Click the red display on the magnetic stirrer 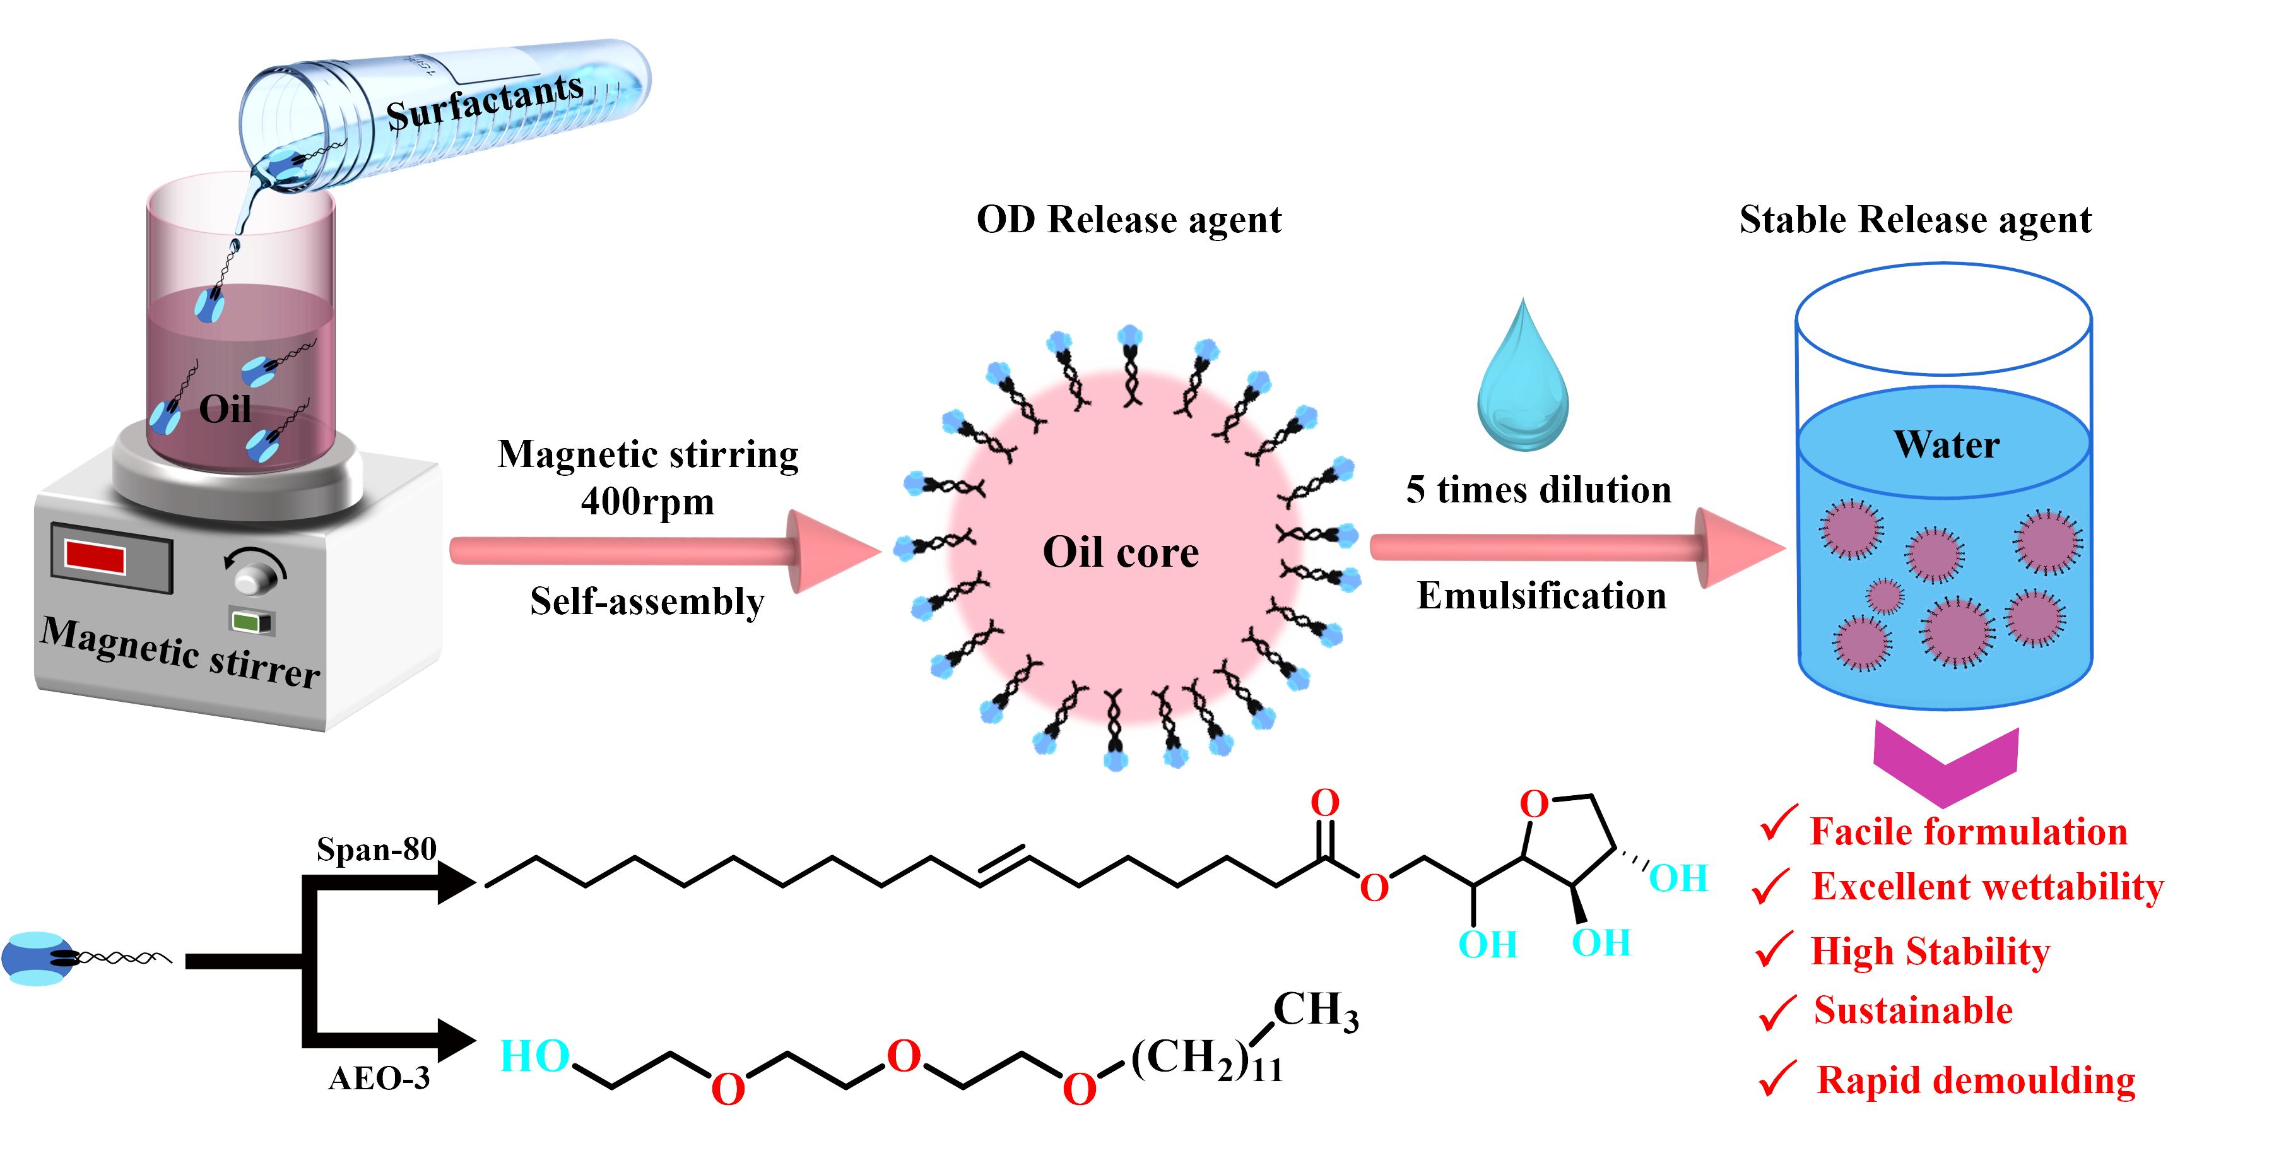95,557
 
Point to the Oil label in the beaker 225,409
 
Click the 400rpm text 647,502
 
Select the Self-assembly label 647,601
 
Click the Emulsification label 1541,596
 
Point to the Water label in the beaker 1947,444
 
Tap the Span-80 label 377,849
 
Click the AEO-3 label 380,1078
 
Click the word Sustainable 1913,1010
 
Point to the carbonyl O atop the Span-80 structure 1324,803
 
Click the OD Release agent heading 1128,219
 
